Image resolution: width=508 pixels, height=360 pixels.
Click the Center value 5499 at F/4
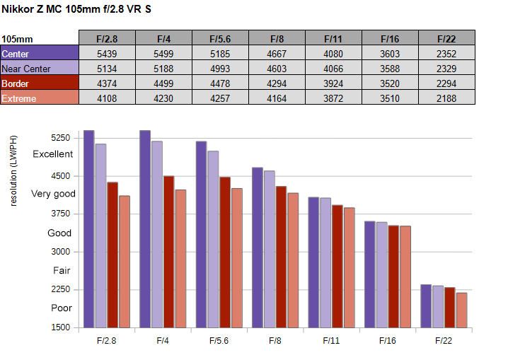[163, 54]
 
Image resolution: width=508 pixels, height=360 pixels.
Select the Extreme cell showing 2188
[446, 98]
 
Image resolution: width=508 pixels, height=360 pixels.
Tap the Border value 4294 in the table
[277, 83]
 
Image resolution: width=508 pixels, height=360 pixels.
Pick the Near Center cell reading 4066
[333, 69]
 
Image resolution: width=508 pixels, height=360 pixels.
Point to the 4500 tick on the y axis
[61, 176]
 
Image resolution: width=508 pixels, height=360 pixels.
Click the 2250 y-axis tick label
[61, 289]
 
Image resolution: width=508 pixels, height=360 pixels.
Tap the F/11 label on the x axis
[331, 341]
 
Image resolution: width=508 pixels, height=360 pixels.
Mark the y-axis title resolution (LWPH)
[13, 170]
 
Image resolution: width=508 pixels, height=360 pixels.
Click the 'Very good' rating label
[53, 194]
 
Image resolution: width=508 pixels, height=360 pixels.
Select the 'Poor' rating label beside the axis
[62, 308]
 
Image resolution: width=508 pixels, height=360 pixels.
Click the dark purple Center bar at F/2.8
[89, 229]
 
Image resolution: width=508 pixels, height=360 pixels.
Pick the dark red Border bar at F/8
[281, 257]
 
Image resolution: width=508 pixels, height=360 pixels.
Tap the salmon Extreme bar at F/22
[462, 310]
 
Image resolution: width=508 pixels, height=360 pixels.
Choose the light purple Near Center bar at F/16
[382, 275]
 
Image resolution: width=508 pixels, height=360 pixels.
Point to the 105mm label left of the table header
[17, 39]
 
